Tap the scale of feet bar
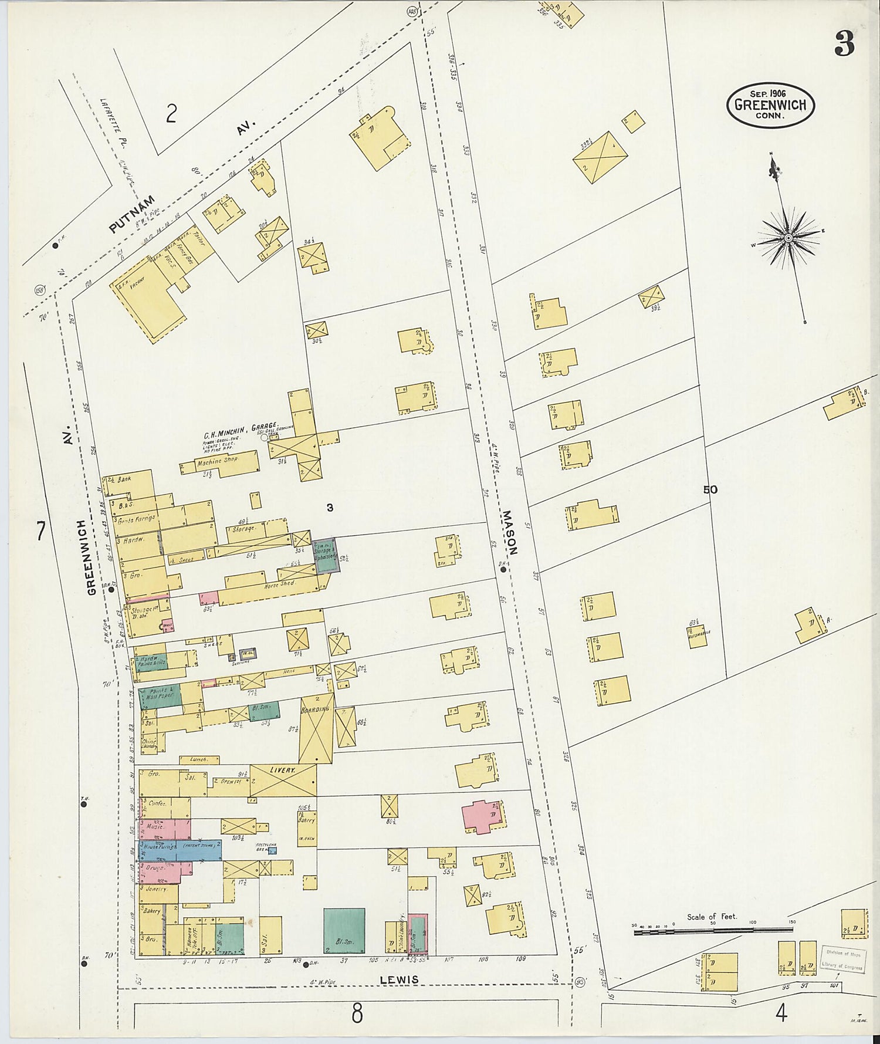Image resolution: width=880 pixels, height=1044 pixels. coord(713,930)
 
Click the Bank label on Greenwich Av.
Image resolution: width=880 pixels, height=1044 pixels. coord(124,479)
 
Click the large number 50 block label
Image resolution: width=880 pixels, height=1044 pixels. coord(710,489)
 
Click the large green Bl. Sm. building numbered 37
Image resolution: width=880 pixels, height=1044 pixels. coord(344,930)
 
